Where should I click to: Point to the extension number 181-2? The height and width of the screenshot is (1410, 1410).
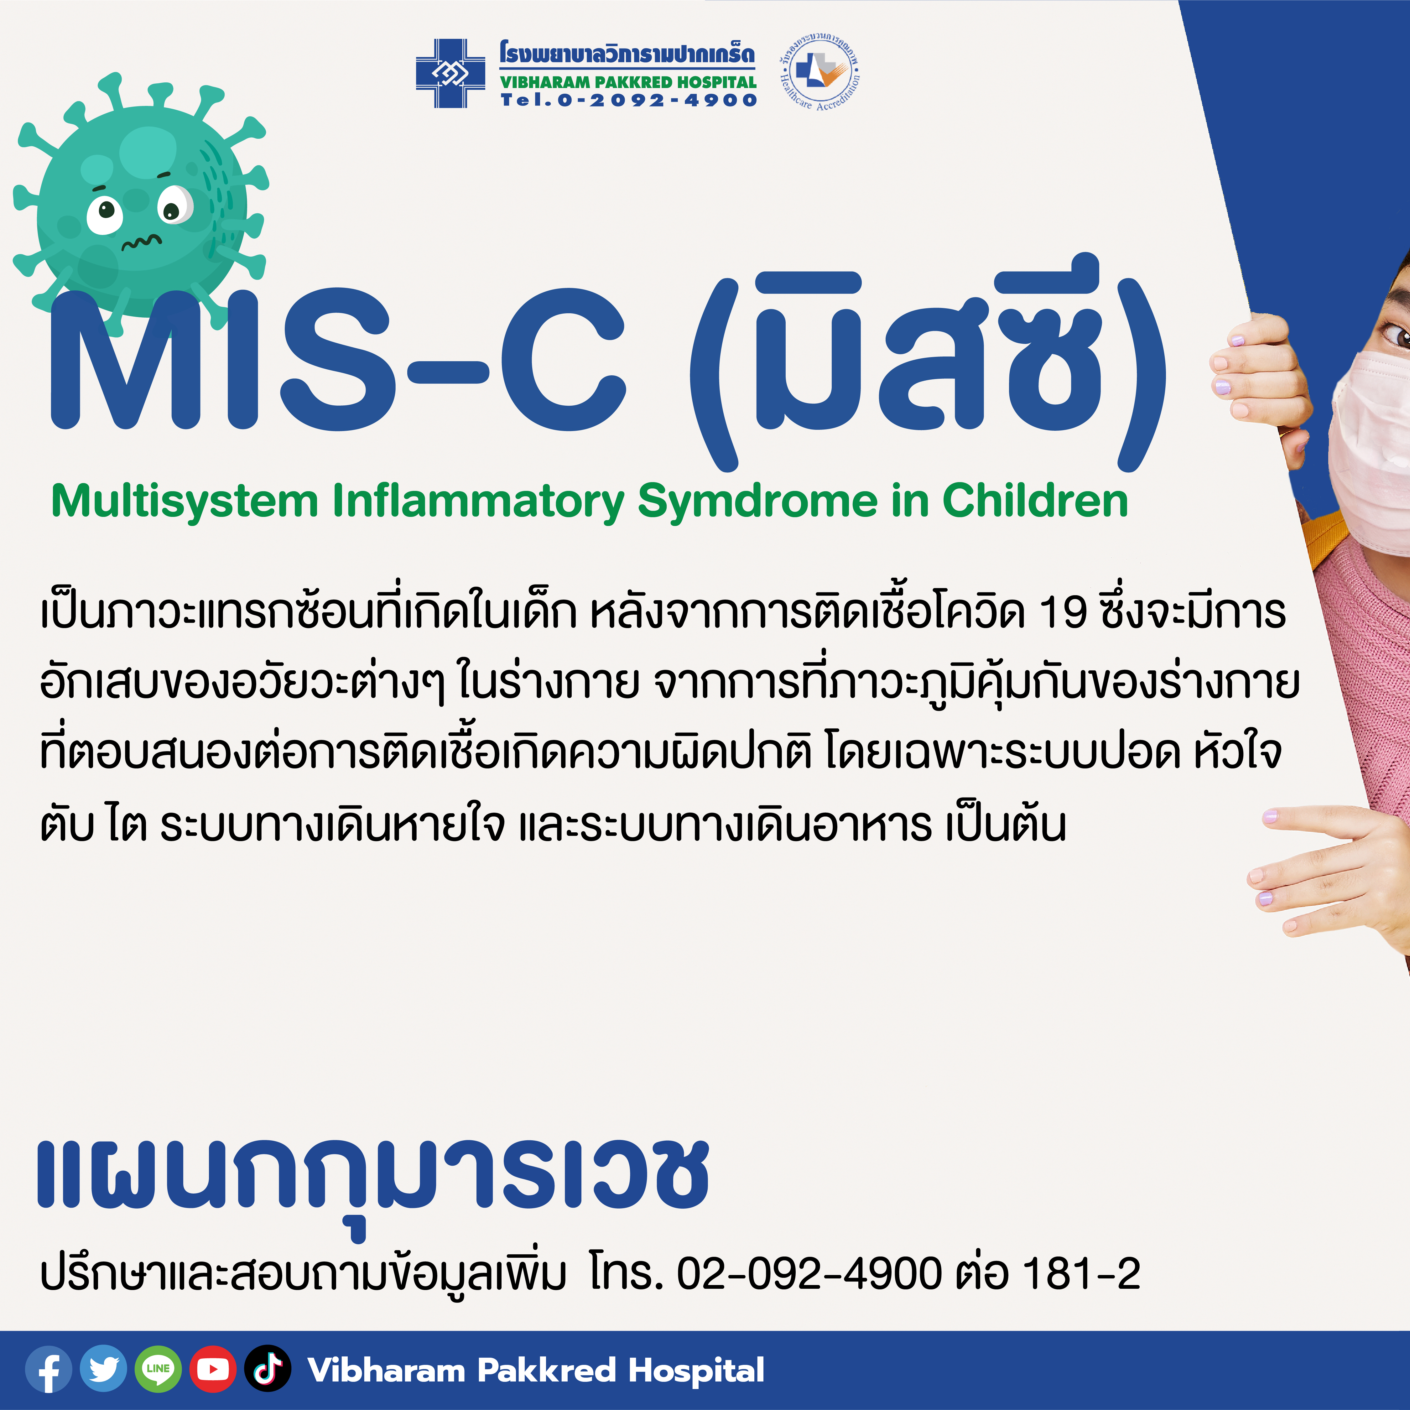(1082, 1273)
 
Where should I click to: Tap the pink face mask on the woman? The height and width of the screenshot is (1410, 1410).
(1368, 452)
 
